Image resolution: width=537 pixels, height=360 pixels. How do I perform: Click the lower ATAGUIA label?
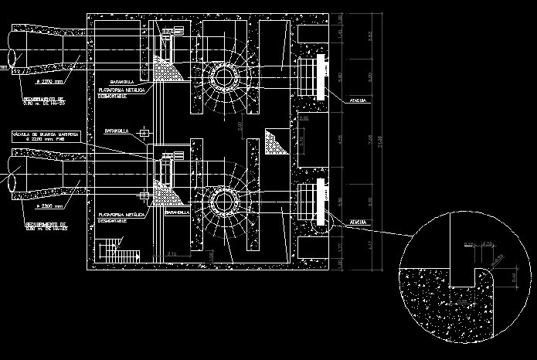pyautogui.click(x=357, y=222)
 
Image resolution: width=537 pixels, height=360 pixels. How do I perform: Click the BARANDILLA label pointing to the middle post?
pyautogui.click(x=117, y=132)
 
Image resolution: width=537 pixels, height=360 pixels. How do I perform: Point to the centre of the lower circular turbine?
pyautogui.click(x=226, y=204)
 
